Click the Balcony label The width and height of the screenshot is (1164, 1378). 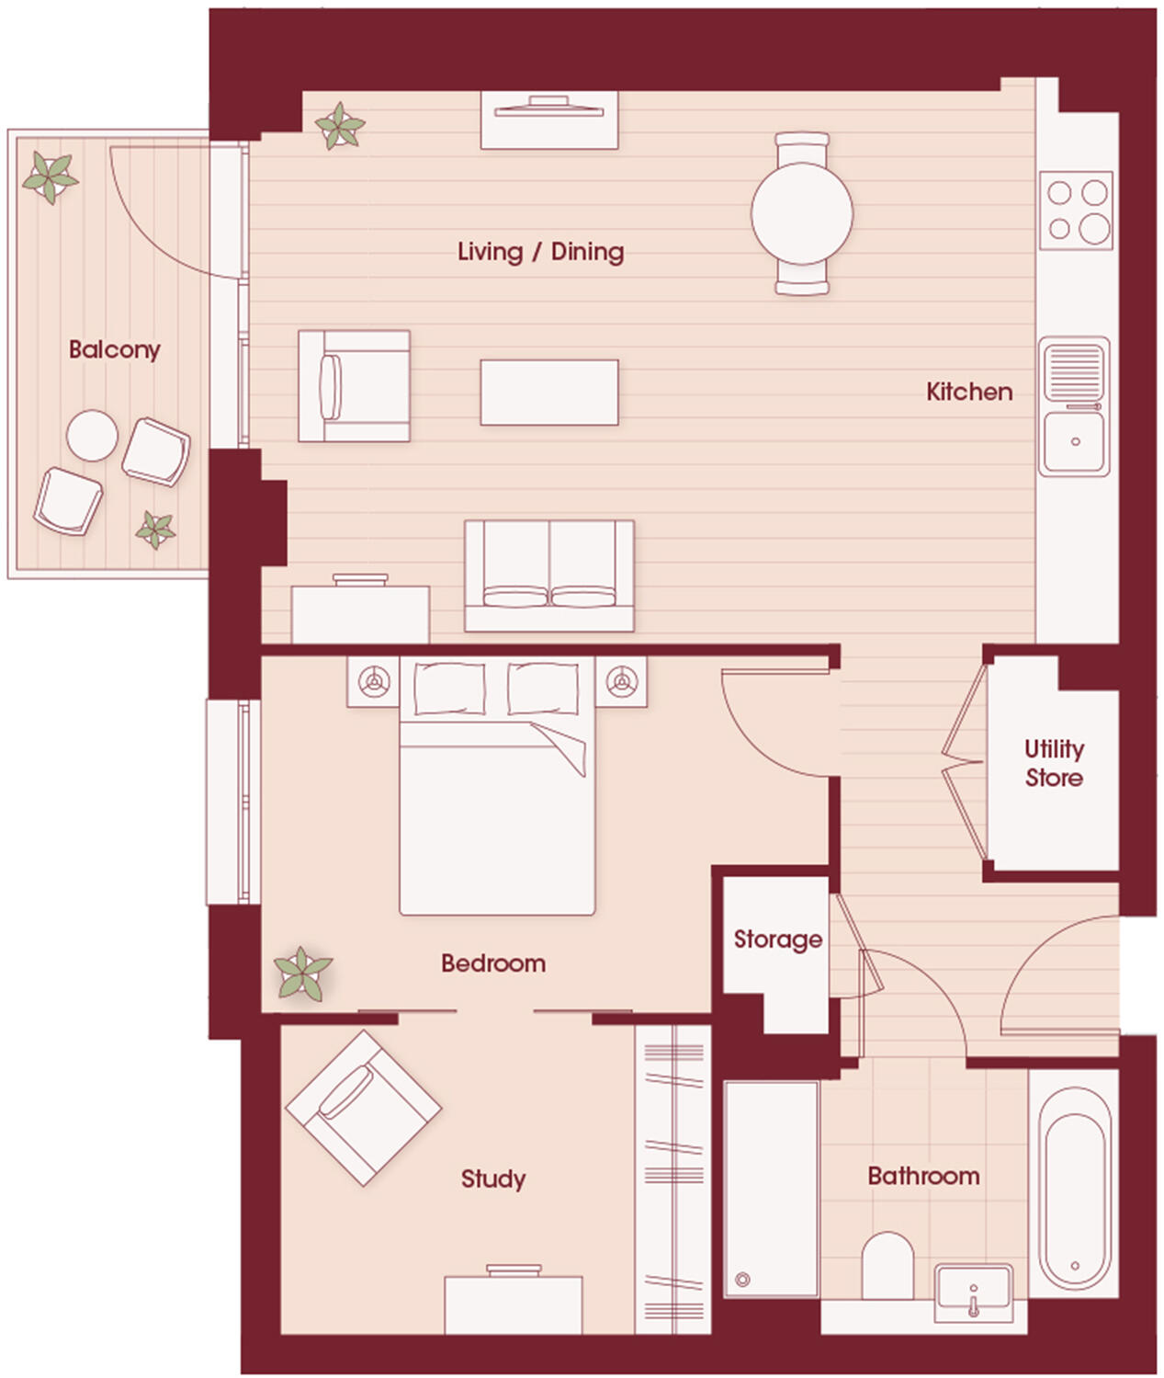click(x=114, y=349)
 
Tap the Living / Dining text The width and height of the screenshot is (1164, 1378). click(x=540, y=252)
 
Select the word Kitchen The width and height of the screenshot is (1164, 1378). click(x=969, y=392)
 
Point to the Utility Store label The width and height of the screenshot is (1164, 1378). click(x=1054, y=763)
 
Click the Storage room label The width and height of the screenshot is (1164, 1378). click(x=777, y=940)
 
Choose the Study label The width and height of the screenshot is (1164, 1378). click(x=492, y=1179)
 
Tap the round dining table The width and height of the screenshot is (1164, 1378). click(x=801, y=212)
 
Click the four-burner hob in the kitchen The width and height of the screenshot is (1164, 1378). click(x=1076, y=210)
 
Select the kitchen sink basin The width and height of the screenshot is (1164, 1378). click(x=1074, y=442)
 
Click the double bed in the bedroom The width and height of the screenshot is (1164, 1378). click(x=497, y=800)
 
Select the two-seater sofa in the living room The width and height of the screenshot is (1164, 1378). click(x=548, y=575)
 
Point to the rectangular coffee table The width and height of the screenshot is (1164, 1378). click(x=548, y=393)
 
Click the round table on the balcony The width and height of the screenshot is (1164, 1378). click(x=92, y=435)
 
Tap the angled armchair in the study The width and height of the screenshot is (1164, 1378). click(x=363, y=1107)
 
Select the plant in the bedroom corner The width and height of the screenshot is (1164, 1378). click(x=302, y=974)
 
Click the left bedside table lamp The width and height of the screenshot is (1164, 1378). click(x=373, y=682)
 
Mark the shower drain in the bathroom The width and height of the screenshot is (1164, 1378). click(x=742, y=1280)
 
